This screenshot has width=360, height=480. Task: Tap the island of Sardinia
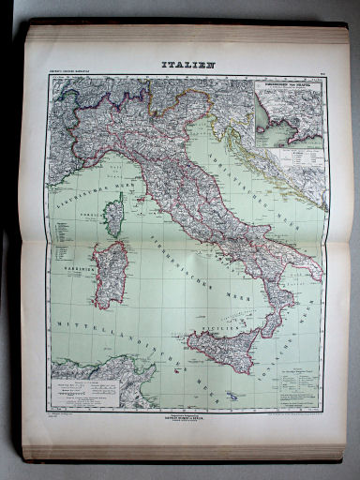pos(108,273)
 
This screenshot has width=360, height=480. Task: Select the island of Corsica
pos(113,216)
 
